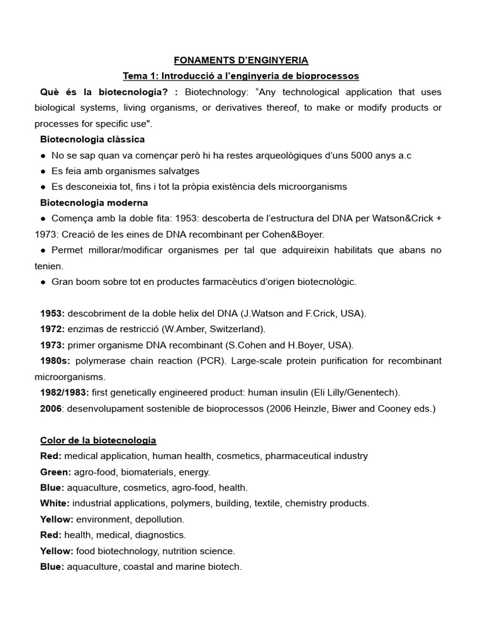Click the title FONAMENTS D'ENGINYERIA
click(241, 60)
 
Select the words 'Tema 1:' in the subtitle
click(142, 76)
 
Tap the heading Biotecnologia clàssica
click(92, 139)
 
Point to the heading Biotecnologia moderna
click(94, 203)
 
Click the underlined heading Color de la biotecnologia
click(98, 440)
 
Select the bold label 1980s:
click(55, 361)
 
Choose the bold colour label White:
click(55, 503)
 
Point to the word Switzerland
click(239, 329)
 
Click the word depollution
click(158, 519)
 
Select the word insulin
click(289, 392)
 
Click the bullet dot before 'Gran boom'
click(42, 282)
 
